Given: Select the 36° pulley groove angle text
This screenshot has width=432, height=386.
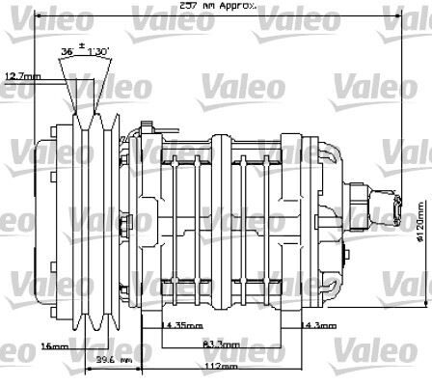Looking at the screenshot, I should (x=67, y=47).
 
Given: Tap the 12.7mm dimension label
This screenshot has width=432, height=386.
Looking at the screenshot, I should (x=23, y=75).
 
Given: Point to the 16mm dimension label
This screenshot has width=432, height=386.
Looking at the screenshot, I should (x=54, y=345).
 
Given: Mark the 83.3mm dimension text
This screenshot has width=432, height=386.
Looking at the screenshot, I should (x=221, y=344).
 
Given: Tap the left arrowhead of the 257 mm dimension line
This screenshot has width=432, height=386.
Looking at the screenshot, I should (x=38, y=18).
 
